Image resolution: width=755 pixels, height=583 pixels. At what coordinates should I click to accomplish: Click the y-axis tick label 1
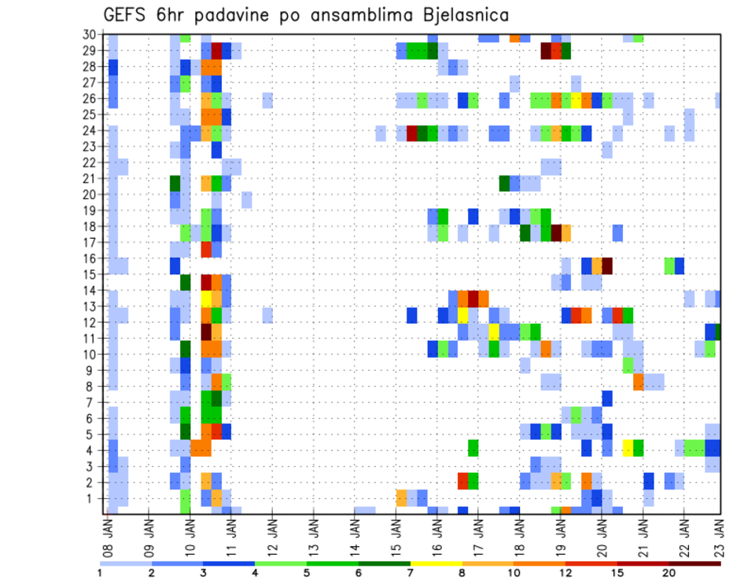pyautogui.click(x=91, y=497)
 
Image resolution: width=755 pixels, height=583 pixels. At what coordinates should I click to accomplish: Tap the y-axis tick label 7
pyautogui.click(x=91, y=401)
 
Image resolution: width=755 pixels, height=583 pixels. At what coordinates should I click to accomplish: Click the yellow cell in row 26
pyautogui.click(x=576, y=99)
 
